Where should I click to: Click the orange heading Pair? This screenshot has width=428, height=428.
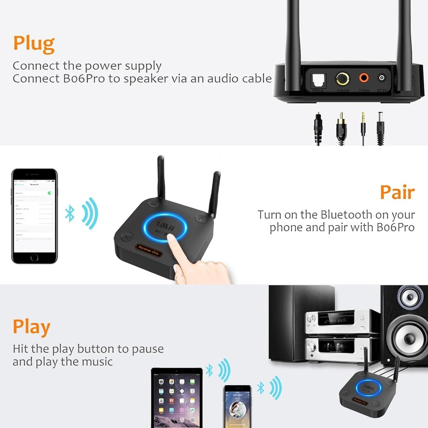coord(397,193)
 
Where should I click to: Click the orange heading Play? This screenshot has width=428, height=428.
coord(31,327)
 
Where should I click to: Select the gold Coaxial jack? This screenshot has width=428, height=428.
coord(342,79)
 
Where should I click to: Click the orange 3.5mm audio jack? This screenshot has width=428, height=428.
coord(364,78)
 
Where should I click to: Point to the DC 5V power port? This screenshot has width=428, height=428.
coord(382,78)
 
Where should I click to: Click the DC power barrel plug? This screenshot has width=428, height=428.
coord(380,124)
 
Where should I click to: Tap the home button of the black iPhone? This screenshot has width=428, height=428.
coord(34,258)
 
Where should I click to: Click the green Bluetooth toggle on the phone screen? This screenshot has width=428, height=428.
coord(51,193)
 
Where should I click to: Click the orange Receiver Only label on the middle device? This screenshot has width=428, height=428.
coord(146,249)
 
